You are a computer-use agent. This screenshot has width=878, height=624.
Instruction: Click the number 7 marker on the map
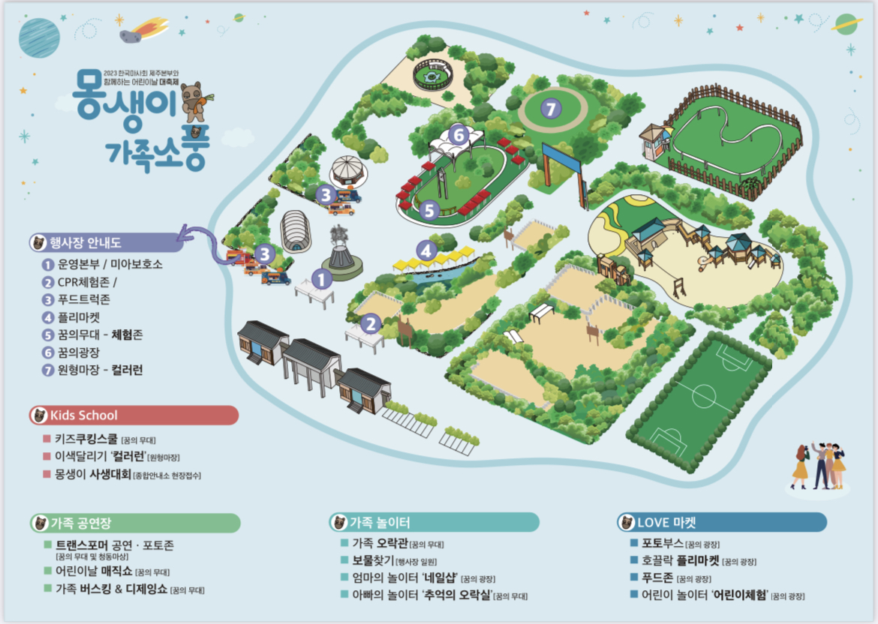point(552,109)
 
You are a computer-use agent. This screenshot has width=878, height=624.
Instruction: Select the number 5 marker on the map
point(429,211)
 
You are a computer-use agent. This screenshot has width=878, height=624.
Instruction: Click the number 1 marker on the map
point(322,279)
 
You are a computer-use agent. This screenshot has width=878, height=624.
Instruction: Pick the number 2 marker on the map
point(371,323)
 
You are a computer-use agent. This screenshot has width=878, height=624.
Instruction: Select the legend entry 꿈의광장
point(79,352)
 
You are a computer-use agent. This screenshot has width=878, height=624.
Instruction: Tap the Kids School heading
point(83,415)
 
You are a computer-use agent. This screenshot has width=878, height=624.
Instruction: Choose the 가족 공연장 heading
point(82,522)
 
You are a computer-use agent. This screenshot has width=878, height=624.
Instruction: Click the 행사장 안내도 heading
point(85,242)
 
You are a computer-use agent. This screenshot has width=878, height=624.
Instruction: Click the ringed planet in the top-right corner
point(847,23)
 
